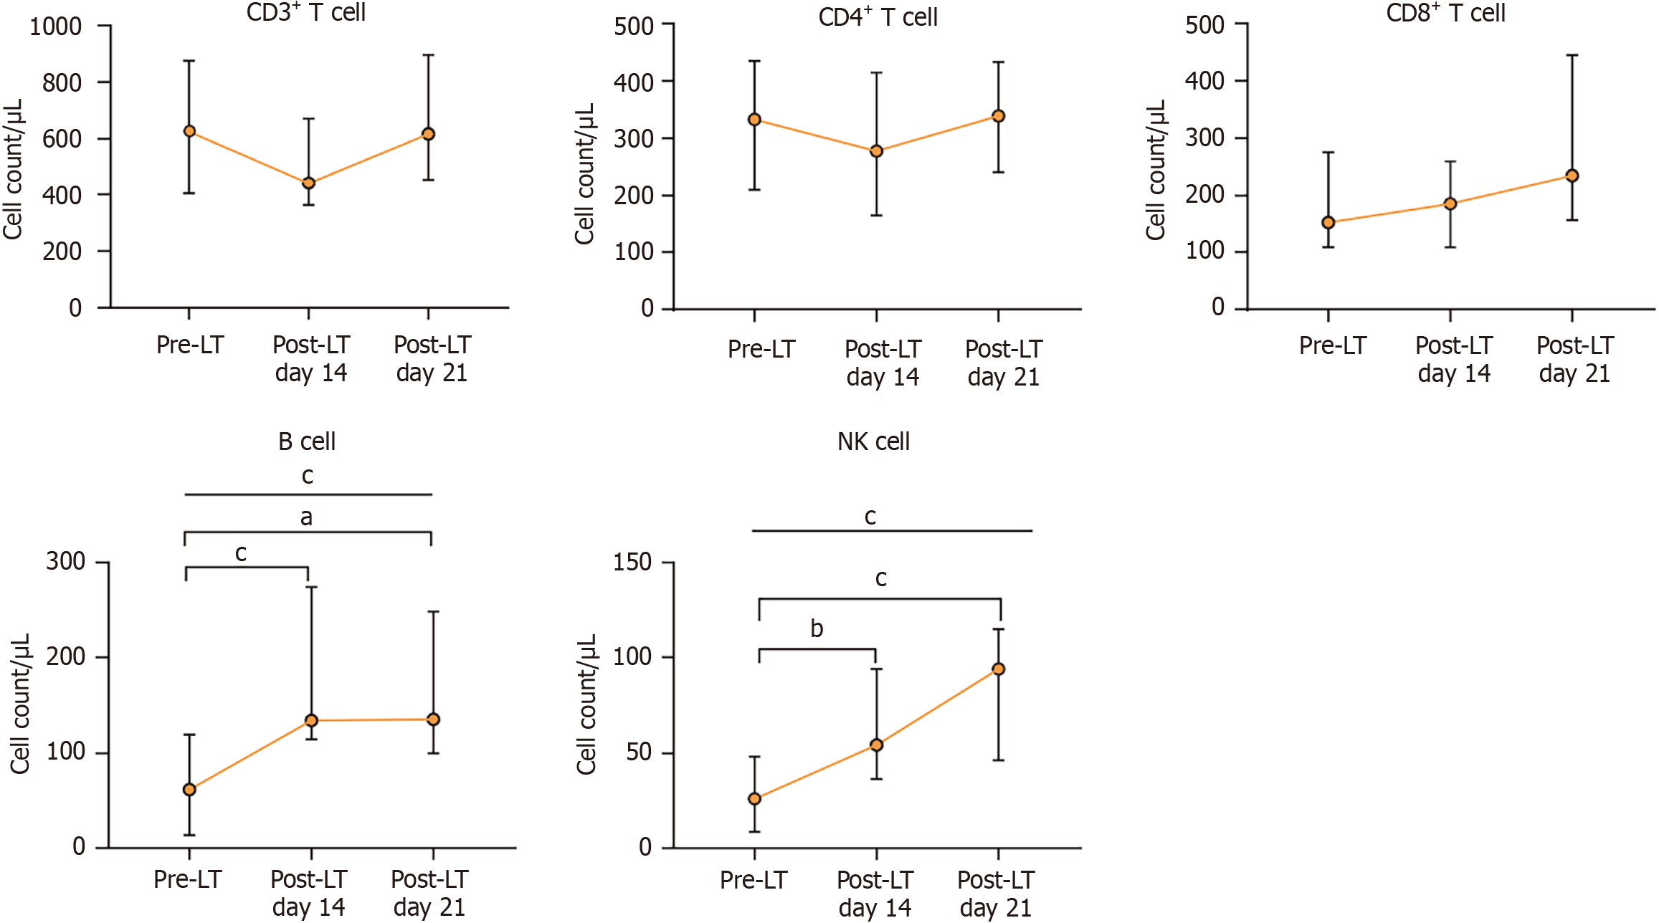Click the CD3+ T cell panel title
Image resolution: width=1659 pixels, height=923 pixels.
pyautogui.click(x=306, y=13)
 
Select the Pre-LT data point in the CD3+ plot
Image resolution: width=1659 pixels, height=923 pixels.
pyautogui.click(x=189, y=131)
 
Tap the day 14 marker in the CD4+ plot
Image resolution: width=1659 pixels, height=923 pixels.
pyautogui.click(x=876, y=151)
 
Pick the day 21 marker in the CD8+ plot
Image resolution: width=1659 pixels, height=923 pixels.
pyautogui.click(x=1572, y=176)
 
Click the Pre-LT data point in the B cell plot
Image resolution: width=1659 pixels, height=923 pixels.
pyautogui.click(x=189, y=790)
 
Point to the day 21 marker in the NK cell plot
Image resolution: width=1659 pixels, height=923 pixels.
pyautogui.click(x=998, y=669)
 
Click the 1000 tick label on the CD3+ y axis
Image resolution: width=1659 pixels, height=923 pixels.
pyautogui.click(x=55, y=27)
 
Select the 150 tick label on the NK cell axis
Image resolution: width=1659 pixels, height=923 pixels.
pyautogui.click(x=632, y=563)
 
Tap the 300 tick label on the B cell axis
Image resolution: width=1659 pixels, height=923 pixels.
pyautogui.click(x=65, y=561)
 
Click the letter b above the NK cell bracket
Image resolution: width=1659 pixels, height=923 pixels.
pyautogui.click(x=817, y=629)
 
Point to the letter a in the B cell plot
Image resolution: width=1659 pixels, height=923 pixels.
pyautogui.click(x=306, y=517)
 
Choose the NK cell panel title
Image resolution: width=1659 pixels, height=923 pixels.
pyautogui.click(x=873, y=441)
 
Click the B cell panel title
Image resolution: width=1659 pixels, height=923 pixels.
pyautogui.click(x=306, y=441)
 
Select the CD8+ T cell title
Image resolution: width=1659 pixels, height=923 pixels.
pyautogui.click(x=1445, y=14)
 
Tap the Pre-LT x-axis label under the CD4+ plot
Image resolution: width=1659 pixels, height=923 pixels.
pyautogui.click(x=761, y=350)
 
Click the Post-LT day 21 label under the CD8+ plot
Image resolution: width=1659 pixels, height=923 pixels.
pyautogui.click(x=1574, y=360)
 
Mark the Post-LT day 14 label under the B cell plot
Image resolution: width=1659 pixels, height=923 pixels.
pyautogui.click(x=309, y=893)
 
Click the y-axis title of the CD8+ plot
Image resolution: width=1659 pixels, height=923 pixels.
pyautogui.click(x=1155, y=170)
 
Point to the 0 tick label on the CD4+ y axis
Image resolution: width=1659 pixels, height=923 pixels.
pyautogui.click(x=647, y=309)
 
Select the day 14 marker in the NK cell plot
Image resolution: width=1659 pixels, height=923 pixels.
pyautogui.click(x=876, y=745)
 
